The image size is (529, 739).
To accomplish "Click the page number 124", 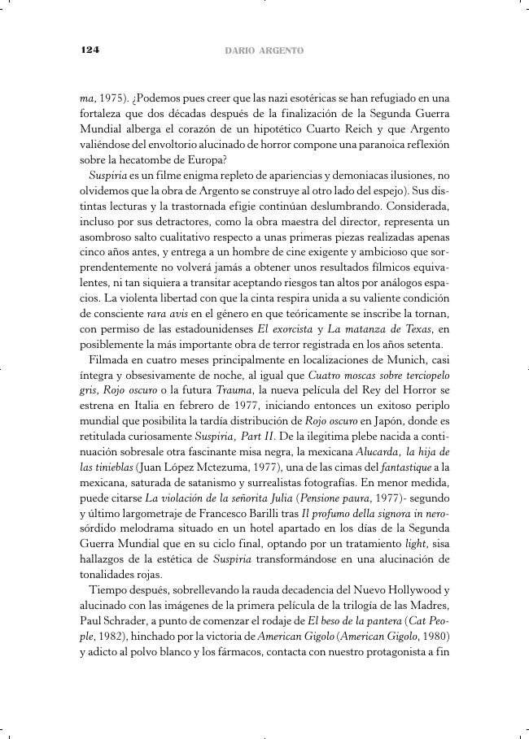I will point(90,50).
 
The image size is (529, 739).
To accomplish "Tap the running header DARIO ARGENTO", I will point(264,50).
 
